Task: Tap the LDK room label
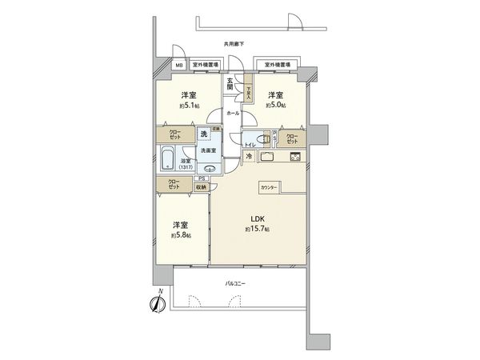tap(258, 218)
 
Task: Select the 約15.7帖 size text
tap(258, 230)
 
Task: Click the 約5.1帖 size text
tap(188, 104)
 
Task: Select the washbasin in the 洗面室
tap(210, 168)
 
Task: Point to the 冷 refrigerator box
tap(249, 156)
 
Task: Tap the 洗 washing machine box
tap(204, 134)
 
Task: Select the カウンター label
tap(268, 187)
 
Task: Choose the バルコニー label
tap(235, 282)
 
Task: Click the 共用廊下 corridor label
tap(234, 46)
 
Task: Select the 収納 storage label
tap(199, 186)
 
